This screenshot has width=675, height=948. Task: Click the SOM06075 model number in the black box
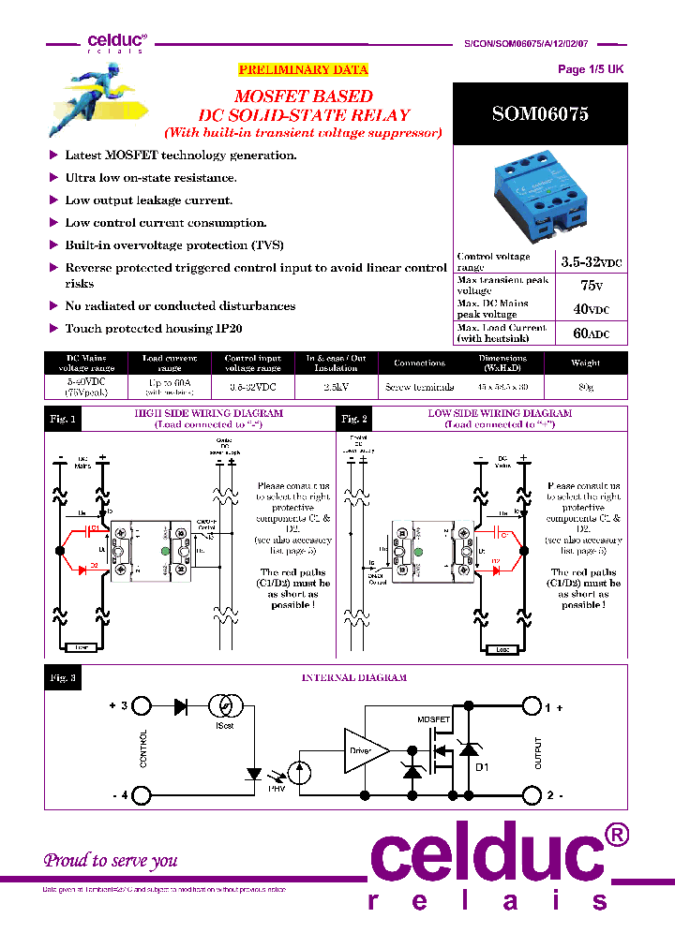(x=540, y=114)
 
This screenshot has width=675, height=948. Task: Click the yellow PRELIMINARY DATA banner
(x=303, y=70)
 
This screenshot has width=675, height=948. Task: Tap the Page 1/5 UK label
(x=590, y=69)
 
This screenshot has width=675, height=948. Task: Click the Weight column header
(x=585, y=363)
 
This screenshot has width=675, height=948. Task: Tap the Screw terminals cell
(x=418, y=387)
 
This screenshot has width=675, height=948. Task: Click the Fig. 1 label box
(x=63, y=420)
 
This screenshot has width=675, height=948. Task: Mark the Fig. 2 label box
(x=353, y=420)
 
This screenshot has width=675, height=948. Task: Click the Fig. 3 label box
(x=63, y=677)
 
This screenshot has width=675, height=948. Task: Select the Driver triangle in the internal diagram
(x=362, y=750)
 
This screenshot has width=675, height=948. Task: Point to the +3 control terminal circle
(x=141, y=706)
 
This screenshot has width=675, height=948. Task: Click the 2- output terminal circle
(x=532, y=795)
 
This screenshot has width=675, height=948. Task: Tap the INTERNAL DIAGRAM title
(x=353, y=677)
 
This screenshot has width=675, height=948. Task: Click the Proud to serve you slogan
(x=111, y=860)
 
